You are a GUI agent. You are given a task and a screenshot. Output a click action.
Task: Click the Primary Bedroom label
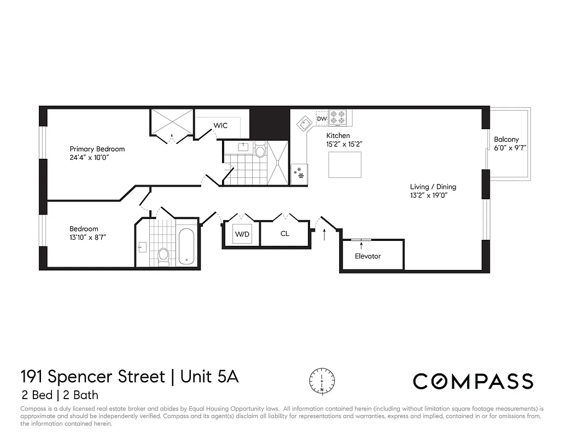pos(97,149)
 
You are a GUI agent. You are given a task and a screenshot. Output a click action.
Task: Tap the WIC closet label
pos(220,125)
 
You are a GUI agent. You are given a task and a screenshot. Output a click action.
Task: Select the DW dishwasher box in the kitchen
pos(322,118)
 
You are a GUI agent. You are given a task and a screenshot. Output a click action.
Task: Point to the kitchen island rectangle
pos(345,165)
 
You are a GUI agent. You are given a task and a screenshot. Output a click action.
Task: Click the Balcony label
pos(506,140)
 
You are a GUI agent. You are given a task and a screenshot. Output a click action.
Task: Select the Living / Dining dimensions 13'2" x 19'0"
pos(433,195)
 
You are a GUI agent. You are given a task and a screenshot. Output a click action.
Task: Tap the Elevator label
pos(367,256)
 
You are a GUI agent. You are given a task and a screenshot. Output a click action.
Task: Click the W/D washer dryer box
pos(242,234)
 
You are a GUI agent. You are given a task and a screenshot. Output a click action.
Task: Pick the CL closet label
pos(285,234)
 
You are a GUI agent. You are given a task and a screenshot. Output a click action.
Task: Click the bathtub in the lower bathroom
pos(186,246)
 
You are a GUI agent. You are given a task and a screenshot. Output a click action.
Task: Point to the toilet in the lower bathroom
pos(163,256)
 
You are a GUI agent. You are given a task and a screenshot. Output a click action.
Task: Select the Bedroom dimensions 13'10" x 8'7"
pos(87,237)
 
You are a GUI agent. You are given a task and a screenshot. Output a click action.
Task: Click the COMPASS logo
pos(472,381)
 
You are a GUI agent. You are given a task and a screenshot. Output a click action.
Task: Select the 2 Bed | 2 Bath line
pos(60,395)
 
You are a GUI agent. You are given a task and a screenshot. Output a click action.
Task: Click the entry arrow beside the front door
pos(324,235)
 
